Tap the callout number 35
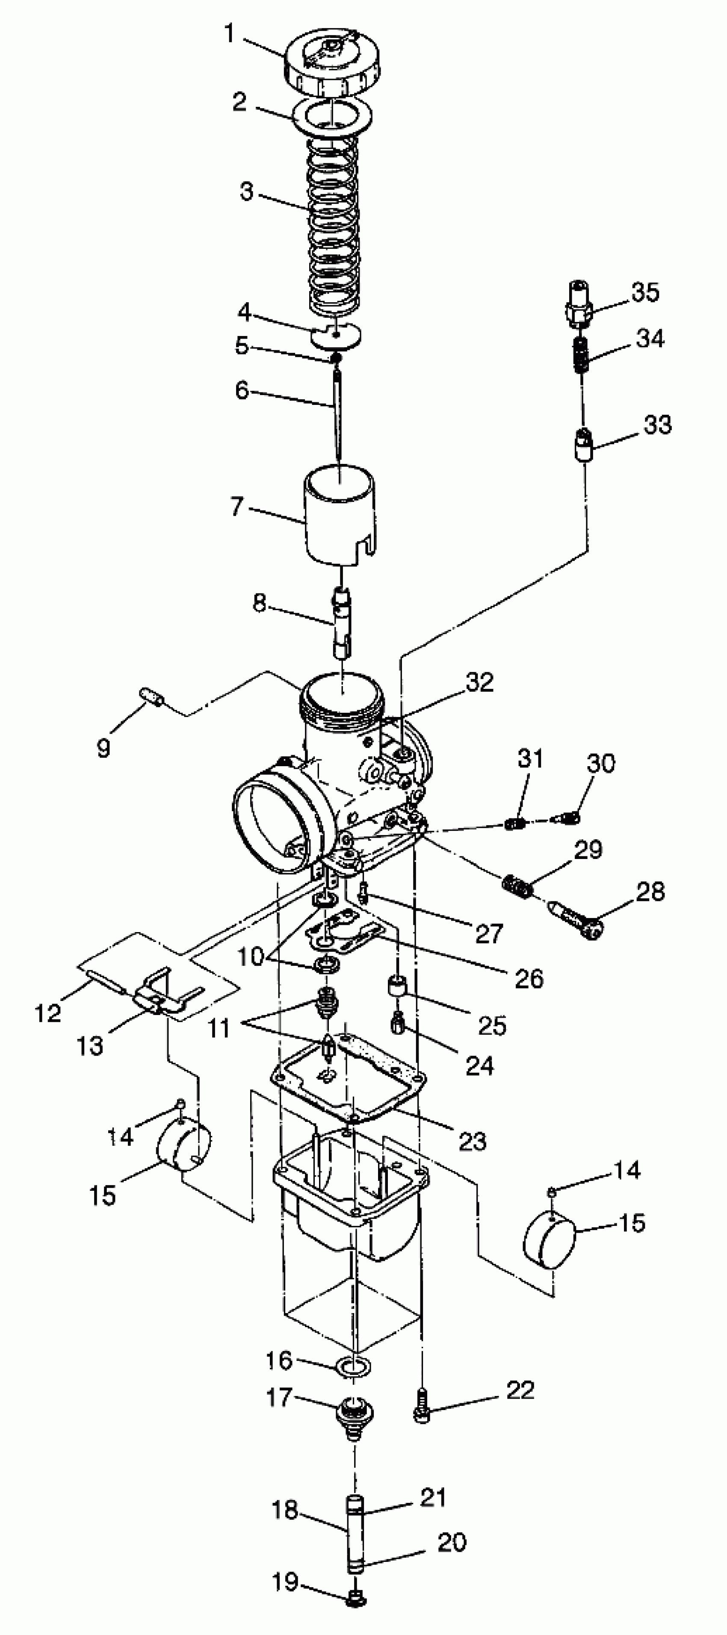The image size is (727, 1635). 645,292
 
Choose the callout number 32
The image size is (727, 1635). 479,682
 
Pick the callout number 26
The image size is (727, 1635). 529,978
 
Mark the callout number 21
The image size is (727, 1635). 434,1497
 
